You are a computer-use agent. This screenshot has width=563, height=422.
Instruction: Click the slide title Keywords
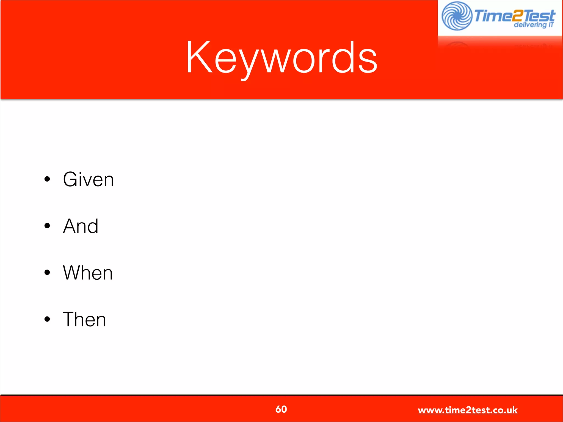(281, 58)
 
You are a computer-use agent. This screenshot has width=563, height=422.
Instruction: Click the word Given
(88, 179)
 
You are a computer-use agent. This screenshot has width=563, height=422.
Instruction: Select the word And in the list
(81, 226)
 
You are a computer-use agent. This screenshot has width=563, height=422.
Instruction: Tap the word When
(88, 273)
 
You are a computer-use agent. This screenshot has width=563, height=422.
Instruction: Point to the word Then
(84, 320)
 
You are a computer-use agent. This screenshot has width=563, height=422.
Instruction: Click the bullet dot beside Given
(47, 179)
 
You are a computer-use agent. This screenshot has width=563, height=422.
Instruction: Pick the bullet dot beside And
(47, 226)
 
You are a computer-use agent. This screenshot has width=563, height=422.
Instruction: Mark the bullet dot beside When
(47, 273)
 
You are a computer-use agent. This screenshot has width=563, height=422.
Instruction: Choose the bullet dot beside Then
(47, 320)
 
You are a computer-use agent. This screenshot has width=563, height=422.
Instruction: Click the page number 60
(281, 409)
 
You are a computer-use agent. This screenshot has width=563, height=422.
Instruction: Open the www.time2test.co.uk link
(468, 410)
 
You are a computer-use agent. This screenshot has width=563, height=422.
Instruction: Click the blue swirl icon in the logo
(457, 16)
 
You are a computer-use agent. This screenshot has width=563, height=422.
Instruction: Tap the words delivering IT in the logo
(533, 25)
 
